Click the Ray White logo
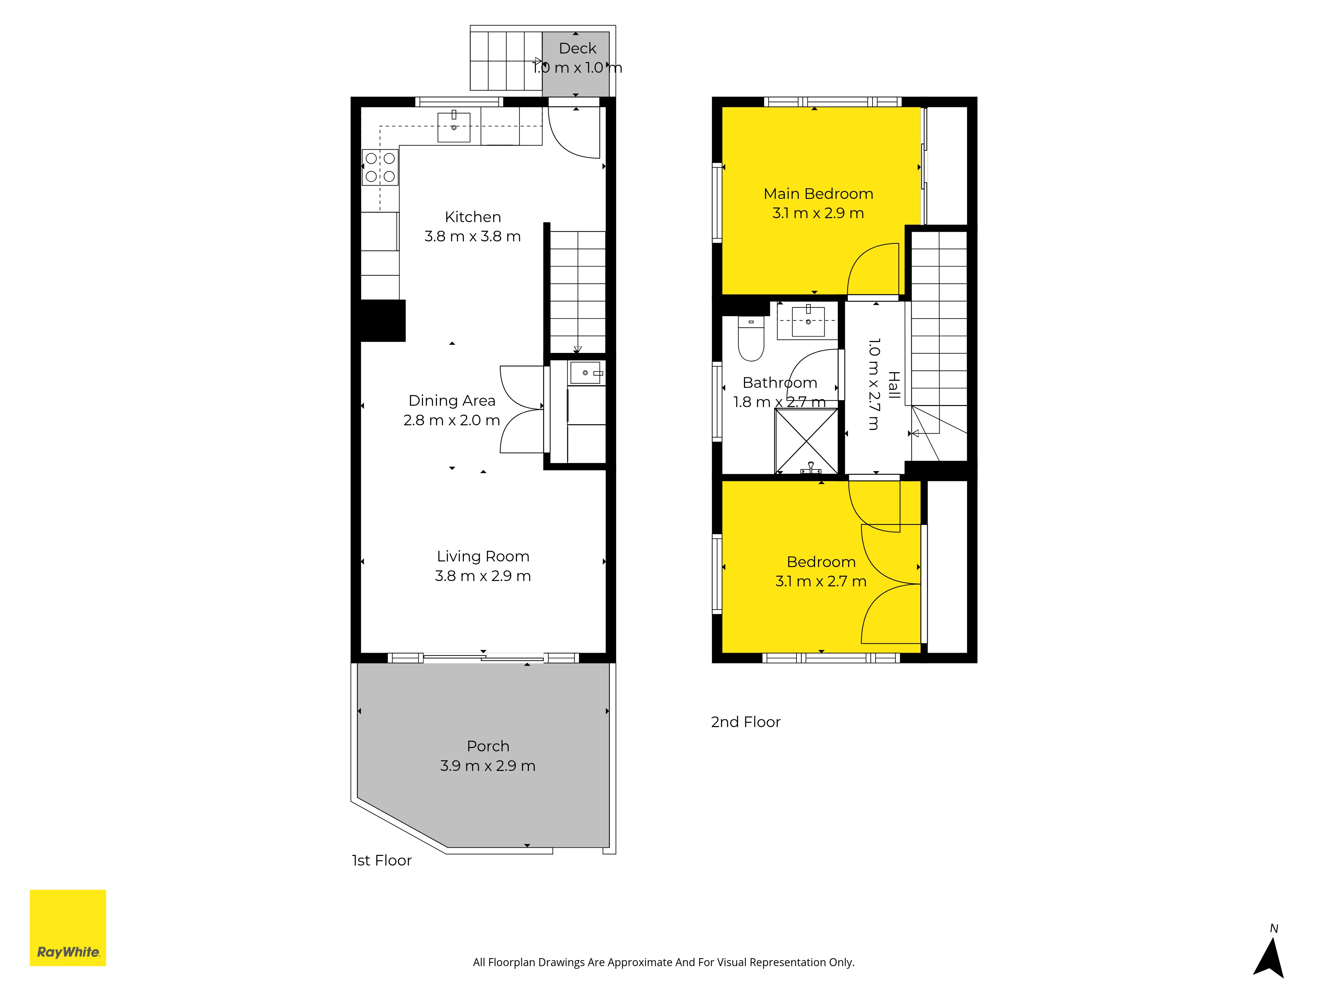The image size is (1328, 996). [68, 928]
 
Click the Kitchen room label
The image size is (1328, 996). [472, 217]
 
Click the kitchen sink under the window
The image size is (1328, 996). [454, 127]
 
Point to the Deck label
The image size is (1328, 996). [578, 48]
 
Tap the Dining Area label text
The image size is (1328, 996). [452, 400]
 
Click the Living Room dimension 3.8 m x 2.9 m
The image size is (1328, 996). [483, 576]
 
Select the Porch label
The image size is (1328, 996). [488, 746]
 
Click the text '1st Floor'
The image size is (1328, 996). [382, 860]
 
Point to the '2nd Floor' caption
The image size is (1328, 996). [746, 722]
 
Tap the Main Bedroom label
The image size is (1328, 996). [818, 193]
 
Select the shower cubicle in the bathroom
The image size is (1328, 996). [806, 441]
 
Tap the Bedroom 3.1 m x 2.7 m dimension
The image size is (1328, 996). [821, 581]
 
